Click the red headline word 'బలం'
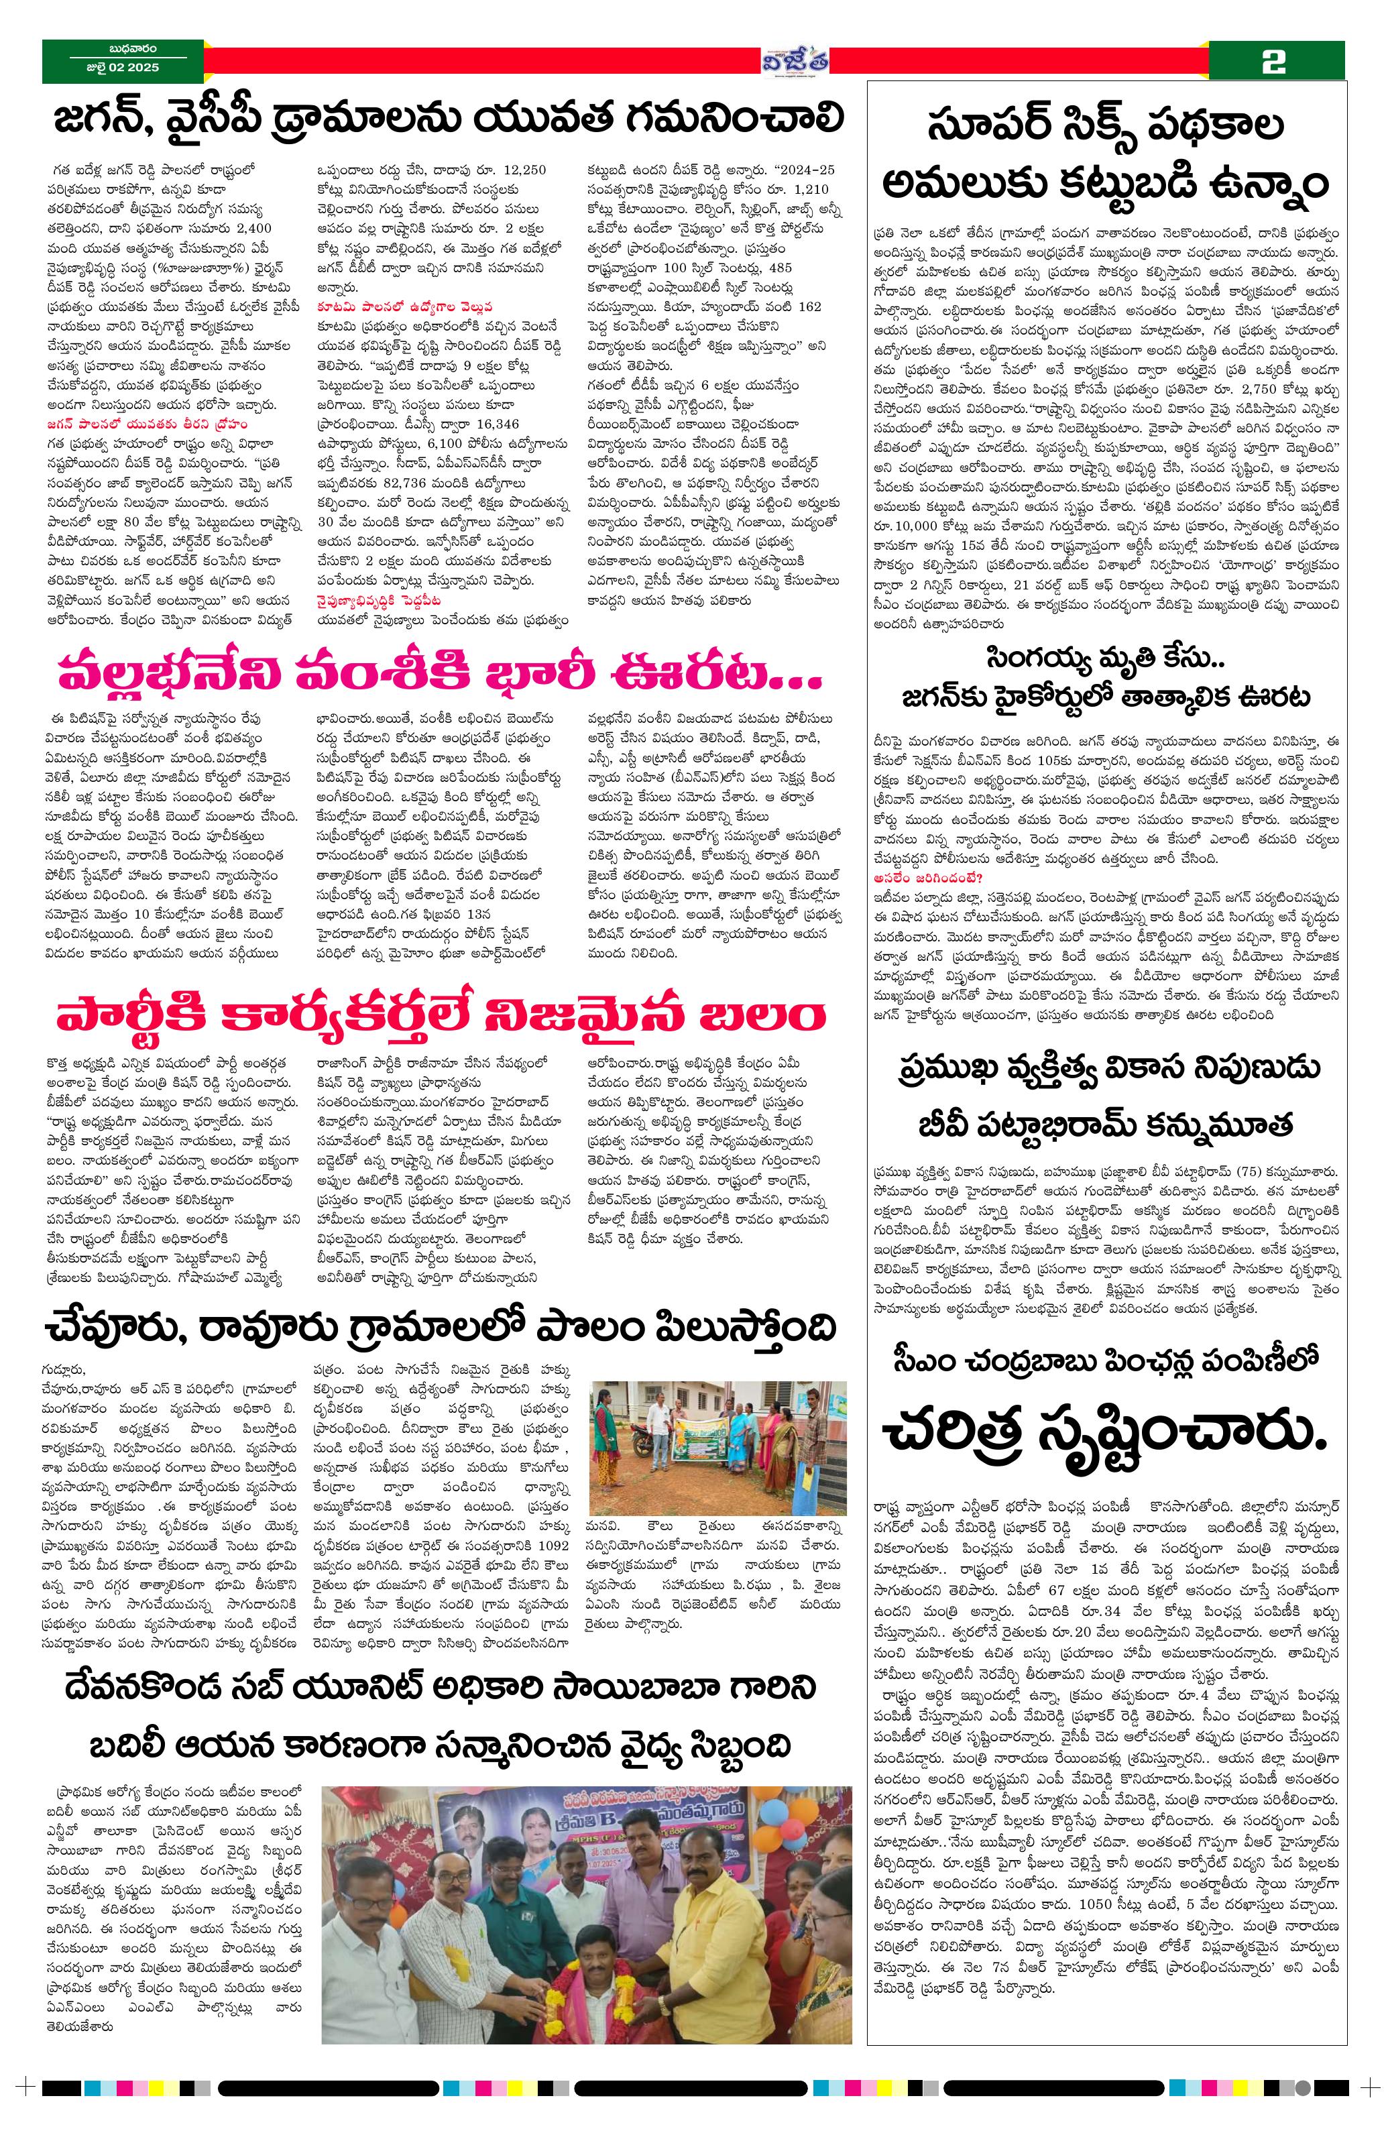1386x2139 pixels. click(771, 1017)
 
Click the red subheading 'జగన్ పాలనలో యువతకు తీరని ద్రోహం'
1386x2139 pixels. click(124, 430)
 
